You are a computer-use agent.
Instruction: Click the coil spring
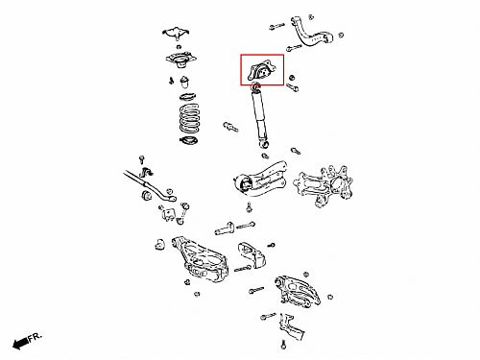[x=190, y=118]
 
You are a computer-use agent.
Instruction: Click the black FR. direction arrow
[x=20, y=344]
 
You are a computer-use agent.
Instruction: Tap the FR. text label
[x=35, y=337]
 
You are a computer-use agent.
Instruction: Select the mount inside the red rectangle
[x=262, y=71]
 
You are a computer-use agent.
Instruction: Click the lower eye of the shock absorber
[x=265, y=145]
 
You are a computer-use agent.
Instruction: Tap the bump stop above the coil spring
[x=184, y=82]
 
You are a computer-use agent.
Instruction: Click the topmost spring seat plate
[x=176, y=33]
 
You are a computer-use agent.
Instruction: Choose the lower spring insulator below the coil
[x=188, y=140]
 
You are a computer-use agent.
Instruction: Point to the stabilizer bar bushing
[x=147, y=195]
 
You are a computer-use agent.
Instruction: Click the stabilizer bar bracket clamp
[x=146, y=172]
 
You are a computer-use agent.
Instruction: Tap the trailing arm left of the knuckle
[x=261, y=180]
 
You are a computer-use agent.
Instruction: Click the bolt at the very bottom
[x=283, y=345]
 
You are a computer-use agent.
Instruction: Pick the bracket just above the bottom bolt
[x=292, y=327]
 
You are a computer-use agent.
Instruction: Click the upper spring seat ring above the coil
[x=188, y=96]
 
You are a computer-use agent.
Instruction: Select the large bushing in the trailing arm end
[x=246, y=184]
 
